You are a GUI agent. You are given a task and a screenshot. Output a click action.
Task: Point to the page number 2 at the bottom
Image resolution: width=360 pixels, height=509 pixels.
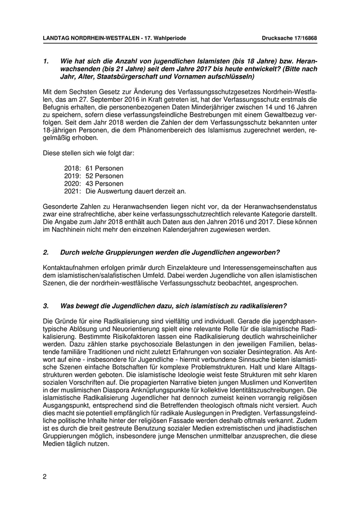click(x=45, y=476)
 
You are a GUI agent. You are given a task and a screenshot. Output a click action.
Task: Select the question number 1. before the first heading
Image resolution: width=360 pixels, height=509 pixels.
click(x=46, y=61)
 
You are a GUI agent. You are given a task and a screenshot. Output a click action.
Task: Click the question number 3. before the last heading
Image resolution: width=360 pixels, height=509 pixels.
click(x=46, y=306)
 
